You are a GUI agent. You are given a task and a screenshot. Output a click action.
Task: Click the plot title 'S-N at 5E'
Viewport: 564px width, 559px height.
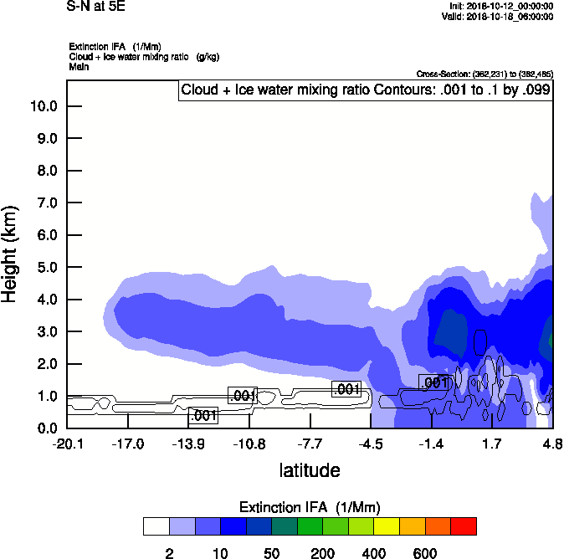pyautogui.click(x=95, y=6)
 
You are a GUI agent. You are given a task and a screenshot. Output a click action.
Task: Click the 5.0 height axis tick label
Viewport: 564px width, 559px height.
pyautogui.click(x=47, y=268)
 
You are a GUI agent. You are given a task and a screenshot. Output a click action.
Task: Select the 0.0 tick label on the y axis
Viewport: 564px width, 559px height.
pyautogui.click(x=47, y=428)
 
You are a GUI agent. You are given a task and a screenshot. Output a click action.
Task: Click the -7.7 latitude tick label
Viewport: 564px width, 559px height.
pyautogui.click(x=310, y=444)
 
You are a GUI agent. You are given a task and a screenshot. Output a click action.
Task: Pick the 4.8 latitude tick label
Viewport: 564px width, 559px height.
pyautogui.click(x=552, y=444)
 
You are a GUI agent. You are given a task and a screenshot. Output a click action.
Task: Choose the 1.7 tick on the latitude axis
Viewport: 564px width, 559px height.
pyautogui.click(x=491, y=444)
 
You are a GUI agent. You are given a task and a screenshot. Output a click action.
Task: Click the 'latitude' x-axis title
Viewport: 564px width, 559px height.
pyautogui.click(x=310, y=470)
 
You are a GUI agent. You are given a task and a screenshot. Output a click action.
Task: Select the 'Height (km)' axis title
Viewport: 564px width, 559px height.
pyautogui.click(x=11, y=252)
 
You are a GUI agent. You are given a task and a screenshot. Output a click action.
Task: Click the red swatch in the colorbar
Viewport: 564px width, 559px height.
pyautogui.click(x=464, y=526)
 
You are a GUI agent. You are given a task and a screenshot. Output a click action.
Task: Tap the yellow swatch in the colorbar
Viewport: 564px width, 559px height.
pyautogui.click(x=387, y=526)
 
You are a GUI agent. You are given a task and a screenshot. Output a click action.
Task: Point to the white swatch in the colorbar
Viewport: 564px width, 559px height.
pyautogui.click(x=156, y=526)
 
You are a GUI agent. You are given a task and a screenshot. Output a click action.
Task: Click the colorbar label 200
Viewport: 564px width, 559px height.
pyautogui.click(x=322, y=553)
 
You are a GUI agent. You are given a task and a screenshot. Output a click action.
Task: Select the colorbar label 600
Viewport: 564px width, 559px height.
pyautogui.click(x=425, y=553)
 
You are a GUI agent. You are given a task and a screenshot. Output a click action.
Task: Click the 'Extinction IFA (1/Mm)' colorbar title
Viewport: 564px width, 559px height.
pyautogui.click(x=309, y=508)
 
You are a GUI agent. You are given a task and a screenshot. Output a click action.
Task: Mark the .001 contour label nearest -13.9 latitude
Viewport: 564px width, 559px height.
pyautogui.click(x=203, y=416)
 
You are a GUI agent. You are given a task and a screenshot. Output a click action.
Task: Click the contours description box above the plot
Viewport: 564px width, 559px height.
pyautogui.click(x=365, y=90)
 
